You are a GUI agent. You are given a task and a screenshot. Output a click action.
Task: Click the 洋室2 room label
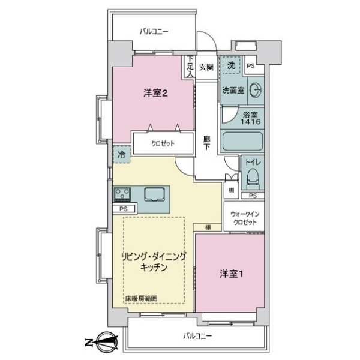155,93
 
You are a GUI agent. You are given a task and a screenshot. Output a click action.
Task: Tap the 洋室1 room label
232,274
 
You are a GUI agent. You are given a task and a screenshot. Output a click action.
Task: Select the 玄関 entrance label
206,67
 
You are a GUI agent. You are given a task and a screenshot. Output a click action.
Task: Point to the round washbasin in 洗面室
256,91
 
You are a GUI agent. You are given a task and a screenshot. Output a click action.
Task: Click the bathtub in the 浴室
242,142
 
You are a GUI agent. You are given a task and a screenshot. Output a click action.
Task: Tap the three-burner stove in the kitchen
122,194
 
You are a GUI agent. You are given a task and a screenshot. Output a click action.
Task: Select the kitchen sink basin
155,194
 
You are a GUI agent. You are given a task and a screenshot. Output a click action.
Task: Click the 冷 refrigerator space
121,154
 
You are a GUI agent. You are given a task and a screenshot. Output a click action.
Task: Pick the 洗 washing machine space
231,65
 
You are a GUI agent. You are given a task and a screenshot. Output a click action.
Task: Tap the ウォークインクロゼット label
245,218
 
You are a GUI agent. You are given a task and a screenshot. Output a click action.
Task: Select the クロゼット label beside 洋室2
163,144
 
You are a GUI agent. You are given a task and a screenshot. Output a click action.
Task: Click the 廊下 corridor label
206,143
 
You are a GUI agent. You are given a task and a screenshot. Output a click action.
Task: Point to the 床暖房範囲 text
141,298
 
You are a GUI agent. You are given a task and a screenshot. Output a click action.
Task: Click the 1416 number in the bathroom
250,122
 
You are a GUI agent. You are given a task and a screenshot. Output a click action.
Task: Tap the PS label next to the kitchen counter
123,209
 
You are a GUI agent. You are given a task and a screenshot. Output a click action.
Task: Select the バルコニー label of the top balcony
154,31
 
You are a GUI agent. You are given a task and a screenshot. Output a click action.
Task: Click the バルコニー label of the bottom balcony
197,337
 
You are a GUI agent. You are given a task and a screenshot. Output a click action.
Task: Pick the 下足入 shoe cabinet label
190,67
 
